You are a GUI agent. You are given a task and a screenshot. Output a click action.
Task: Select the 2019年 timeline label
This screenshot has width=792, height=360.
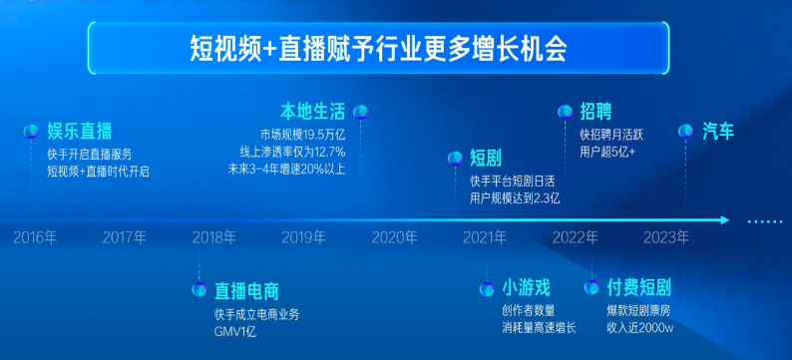click(303, 237)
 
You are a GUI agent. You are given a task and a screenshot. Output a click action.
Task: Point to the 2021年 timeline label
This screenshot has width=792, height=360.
click(485, 237)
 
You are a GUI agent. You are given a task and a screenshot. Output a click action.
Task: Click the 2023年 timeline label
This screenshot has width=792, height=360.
click(665, 237)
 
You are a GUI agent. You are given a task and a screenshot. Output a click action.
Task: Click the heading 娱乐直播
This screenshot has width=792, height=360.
click(80, 131)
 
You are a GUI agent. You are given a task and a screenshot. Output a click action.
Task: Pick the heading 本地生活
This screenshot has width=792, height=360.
click(313, 111)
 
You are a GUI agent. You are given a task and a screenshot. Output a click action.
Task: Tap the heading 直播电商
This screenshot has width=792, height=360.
click(246, 291)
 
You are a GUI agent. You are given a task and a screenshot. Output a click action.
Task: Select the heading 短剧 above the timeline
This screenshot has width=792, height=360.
click(486, 157)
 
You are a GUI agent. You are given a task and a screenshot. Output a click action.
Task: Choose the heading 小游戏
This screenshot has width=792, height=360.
click(526, 288)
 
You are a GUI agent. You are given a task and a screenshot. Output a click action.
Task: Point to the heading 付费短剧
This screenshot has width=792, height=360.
click(639, 288)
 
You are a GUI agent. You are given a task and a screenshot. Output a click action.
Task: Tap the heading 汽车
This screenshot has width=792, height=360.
click(718, 131)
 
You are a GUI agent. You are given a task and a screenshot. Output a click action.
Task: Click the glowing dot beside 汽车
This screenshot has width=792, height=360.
click(686, 131)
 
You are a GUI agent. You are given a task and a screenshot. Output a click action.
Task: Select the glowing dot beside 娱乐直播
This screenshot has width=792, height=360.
click(30, 131)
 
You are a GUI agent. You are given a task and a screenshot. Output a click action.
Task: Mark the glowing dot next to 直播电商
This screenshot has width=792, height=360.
click(198, 290)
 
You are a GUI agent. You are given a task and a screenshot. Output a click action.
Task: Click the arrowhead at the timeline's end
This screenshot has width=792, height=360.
click(725, 220)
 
